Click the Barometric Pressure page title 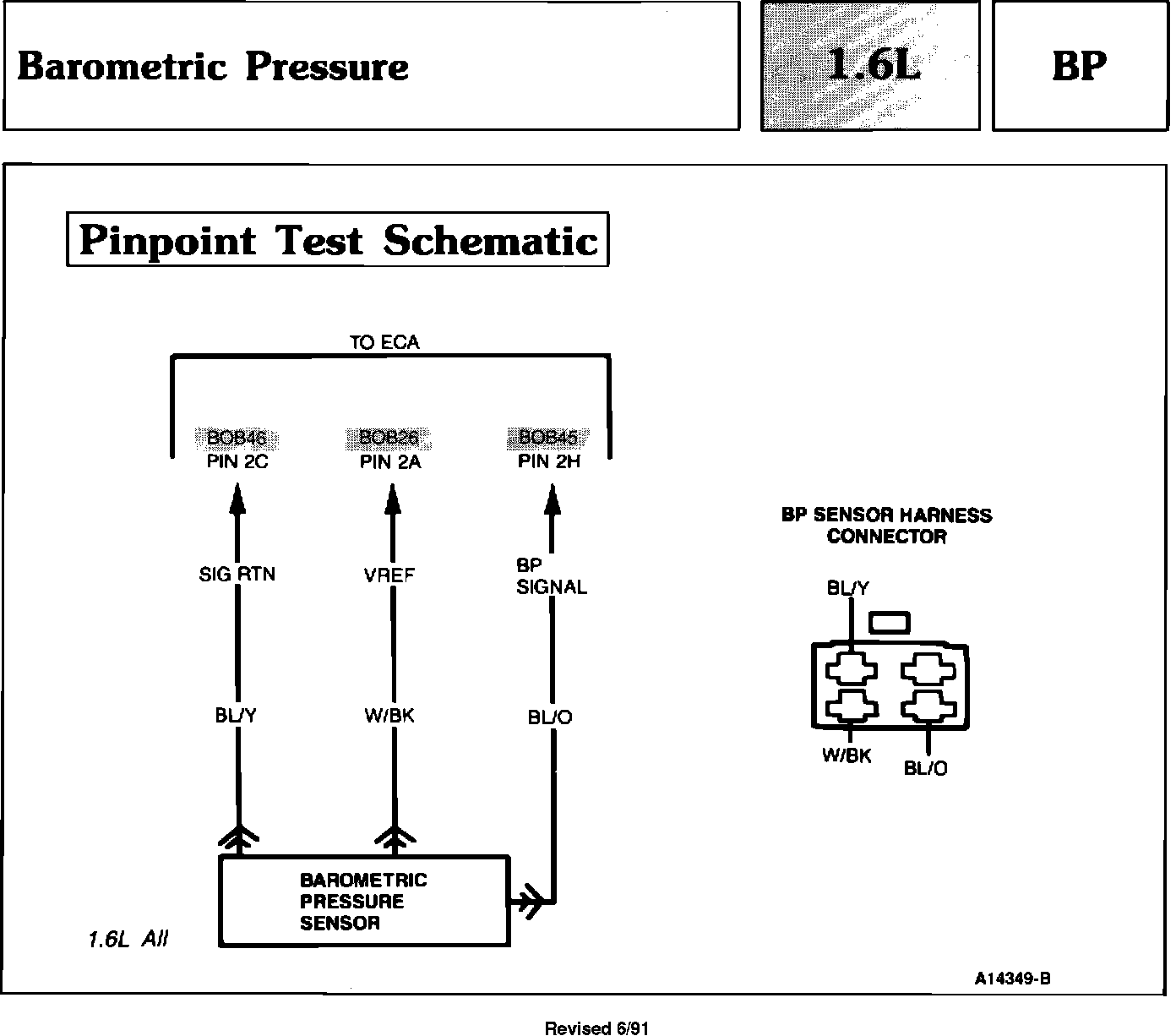213,67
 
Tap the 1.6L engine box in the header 870,66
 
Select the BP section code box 1079,66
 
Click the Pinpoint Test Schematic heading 338,240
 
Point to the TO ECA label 384,342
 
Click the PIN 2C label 237,462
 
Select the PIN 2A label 390,462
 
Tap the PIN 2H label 549,462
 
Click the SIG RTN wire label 237,575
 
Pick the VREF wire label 389,575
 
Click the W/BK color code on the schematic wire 389,716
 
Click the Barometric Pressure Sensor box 364,901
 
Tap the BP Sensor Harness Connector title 886,526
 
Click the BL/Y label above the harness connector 847,588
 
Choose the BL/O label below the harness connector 926,768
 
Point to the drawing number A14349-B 1013,979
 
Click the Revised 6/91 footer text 596,1028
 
